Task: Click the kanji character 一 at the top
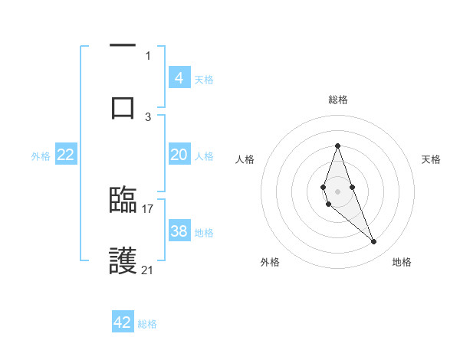pyautogui.click(x=123, y=46)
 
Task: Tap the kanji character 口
pyautogui.click(x=123, y=106)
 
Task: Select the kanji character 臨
pyautogui.click(x=123, y=201)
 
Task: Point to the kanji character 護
pyautogui.click(x=123, y=262)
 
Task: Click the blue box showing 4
pyautogui.click(x=179, y=77)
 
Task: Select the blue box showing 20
pyautogui.click(x=179, y=155)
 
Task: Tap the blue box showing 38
pyautogui.click(x=179, y=231)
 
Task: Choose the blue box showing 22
pyautogui.click(x=66, y=155)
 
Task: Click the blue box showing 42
pyautogui.click(x=123, y=322)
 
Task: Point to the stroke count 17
pyautogui.click(x=148, y=208)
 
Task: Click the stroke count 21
pyautogui.click(x=148, y=270)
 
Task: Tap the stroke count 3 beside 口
pyautogui.click(x=148, y=116)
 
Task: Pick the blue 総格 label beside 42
pyautogui.click(x=147, y=324)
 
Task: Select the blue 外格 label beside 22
pyautogui.click(x=41, y=156)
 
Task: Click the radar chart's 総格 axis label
pyautogui.click(x=337, y=100)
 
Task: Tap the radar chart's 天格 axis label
pyautogui.click(x=431, y=159)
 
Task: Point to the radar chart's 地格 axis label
pyautogui.click(x=402, y=262)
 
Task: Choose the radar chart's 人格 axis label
pyautogui.click(x=245, y=159)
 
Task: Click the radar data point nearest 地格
pyautogui.click(x=374, y=242)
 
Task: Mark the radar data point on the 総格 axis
pyautogui.click(x=337, y=146)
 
